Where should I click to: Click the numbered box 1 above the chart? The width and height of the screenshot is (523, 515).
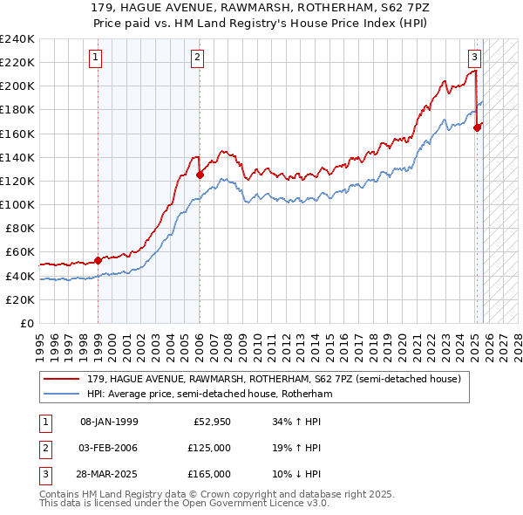[95, 58]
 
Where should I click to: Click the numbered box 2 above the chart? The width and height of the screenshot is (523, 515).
[198, 58]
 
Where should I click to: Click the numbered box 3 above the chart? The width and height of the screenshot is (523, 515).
[474, 58]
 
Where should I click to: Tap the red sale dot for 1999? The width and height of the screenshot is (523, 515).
[98, 259]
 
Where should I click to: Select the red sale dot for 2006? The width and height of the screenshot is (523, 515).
[200, 175]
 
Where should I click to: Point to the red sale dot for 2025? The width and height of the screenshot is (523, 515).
[478, 127]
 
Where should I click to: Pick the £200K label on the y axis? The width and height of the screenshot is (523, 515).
[17, 86]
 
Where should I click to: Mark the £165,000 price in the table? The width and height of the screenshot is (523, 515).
[209, 474]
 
